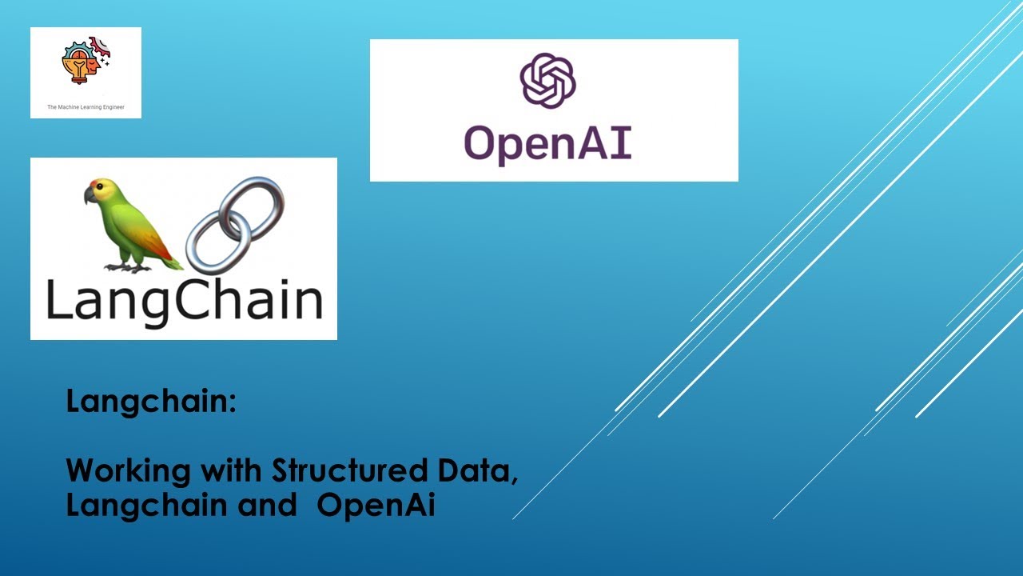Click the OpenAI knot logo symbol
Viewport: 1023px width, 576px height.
coord(548,80)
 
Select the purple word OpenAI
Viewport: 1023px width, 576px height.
coord(548,144)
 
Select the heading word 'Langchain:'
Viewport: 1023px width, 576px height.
coord(151,401)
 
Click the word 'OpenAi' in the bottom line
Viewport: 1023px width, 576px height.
coord(376,506)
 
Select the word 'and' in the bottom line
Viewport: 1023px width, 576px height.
coord(270,506)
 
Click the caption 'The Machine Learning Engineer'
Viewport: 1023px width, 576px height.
coord(86,106)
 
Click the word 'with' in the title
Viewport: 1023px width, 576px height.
coord(232,470)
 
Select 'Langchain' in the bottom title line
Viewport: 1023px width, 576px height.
coord(135,506)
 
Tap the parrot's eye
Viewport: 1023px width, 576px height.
coord(99,189)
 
